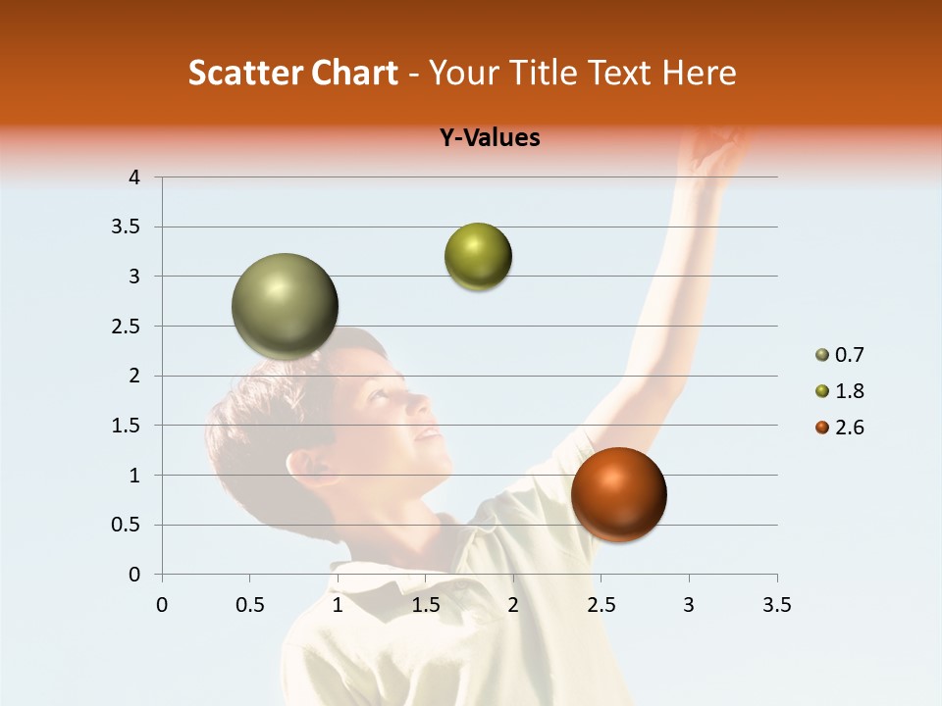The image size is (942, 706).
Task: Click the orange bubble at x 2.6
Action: tap(618, 494)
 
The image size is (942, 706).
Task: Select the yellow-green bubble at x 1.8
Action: tap(478, 257)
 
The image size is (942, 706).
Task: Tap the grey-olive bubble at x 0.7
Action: tap(285, 306)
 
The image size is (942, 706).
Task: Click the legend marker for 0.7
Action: tap(822, 355)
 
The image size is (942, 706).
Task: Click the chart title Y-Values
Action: tap(490, 138)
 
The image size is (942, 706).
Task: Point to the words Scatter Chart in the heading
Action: tap(292, 73)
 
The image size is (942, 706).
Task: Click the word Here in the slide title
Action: tap(698, 73)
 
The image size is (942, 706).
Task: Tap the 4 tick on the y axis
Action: tap(134, 177)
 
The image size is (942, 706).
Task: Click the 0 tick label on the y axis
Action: tap(134, 575)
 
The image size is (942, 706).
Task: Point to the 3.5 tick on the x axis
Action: tap(776, 605)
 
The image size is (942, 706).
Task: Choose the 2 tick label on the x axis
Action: tap(513, 605)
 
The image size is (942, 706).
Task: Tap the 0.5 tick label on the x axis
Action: tap(250, 605)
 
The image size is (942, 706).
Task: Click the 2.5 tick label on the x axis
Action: tap(601, 605)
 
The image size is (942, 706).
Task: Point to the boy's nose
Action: tap(419, 402)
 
